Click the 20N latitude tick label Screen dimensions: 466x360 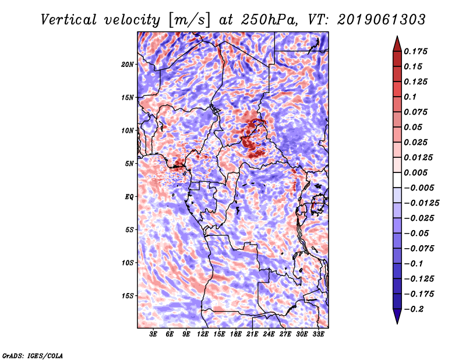[128, 65]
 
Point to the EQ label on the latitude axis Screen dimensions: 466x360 [129, 197]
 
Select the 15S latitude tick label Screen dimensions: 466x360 [128, 296]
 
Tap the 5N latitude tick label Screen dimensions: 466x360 [129, 164]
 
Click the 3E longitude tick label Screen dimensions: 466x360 [153, 334]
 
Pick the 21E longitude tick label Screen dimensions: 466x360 [252, 334]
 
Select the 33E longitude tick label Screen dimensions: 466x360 [318, 334]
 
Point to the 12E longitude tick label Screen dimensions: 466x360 [203, 334]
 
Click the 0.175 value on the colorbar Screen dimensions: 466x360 [415, 51]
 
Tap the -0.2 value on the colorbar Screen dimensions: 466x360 [414, 309]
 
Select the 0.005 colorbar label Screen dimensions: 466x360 [415, 172]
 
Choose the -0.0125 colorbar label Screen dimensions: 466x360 [421, 203]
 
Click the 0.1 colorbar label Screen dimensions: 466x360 [410, 97]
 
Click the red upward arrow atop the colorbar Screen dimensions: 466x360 [397, 44]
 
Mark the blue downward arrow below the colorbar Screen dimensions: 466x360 [397, 316]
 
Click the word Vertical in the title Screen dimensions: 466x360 [69, 20]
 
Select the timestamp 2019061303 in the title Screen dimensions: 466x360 [382, 20]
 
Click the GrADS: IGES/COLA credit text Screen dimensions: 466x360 [33, 355]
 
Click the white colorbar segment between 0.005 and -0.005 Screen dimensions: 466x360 [397, 180]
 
